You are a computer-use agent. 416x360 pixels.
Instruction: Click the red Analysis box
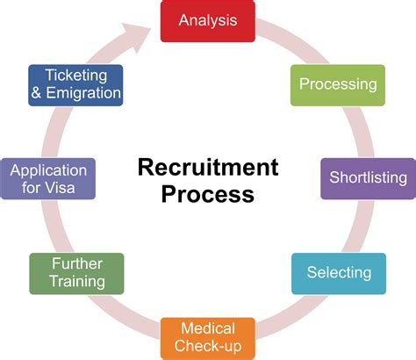pyautogui.click(x=208, y=19)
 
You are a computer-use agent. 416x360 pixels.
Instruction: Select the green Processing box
pyautogui.click(x=338, y=84)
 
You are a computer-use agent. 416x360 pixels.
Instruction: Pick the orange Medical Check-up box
pyautogui.click(x=208, y=338)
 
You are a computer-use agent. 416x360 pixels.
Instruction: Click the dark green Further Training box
pyautogui.click(x=76, y=273)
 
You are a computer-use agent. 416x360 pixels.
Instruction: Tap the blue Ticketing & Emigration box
pyautogui.click(x=75, y=84)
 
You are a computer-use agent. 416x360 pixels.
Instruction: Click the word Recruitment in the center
pyautogui.click(x=208, y=167)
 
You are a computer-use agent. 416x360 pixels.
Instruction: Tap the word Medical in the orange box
pyautogui.click(x=208, y=329)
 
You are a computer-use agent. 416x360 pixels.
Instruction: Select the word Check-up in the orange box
pyautogui.click(x=208, y=348)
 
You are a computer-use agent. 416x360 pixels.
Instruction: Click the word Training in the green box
pyautogui.click(x=76, y=283)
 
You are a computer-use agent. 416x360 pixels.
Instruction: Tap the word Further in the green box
pyautogui.click(x=76, y=263)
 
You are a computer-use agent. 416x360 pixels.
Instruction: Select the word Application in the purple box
pyautogui.click(x=48, y=170)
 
